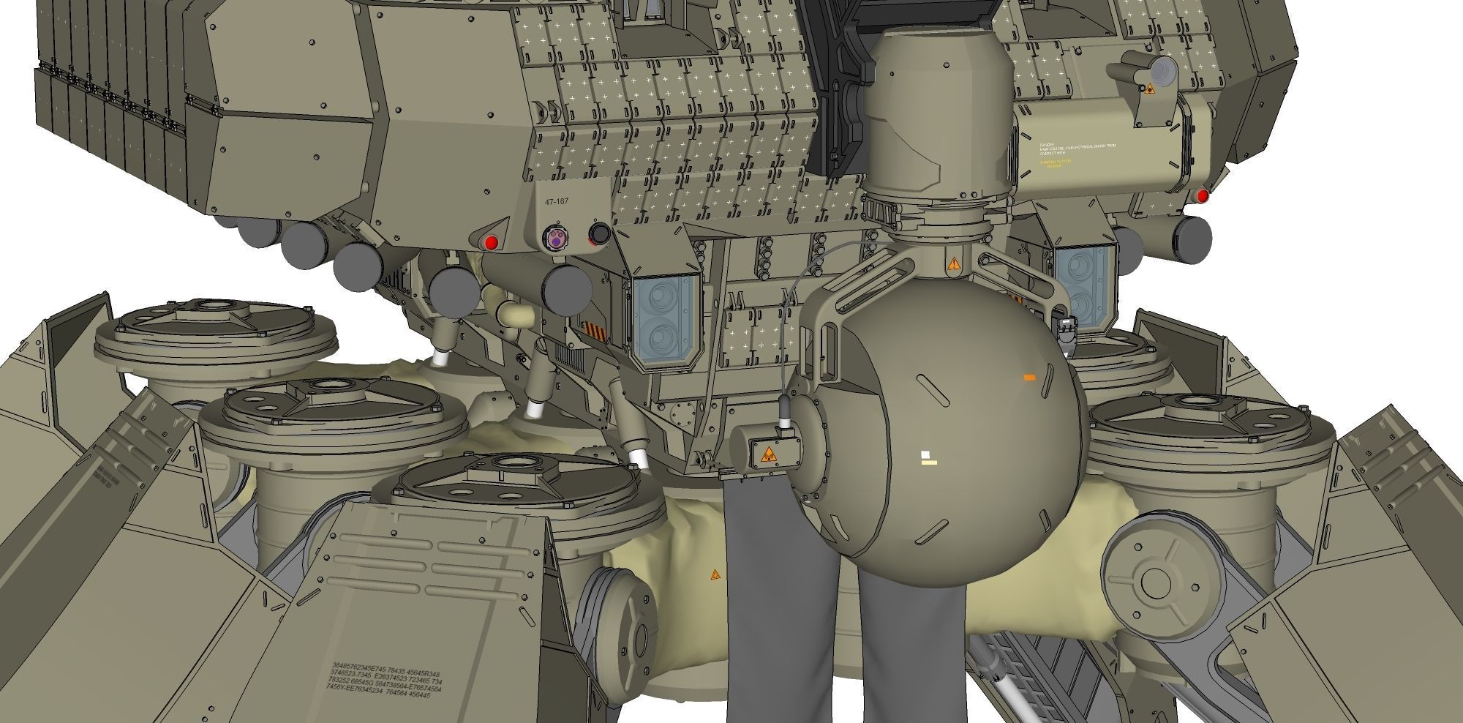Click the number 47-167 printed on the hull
(557, 202)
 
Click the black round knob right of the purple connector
(600, 234)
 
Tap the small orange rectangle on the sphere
(1029, 378)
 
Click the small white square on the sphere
(925, 454)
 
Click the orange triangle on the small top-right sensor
(1149, 89)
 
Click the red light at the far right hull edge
(1202, 195)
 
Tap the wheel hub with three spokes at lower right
(1155, 581)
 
